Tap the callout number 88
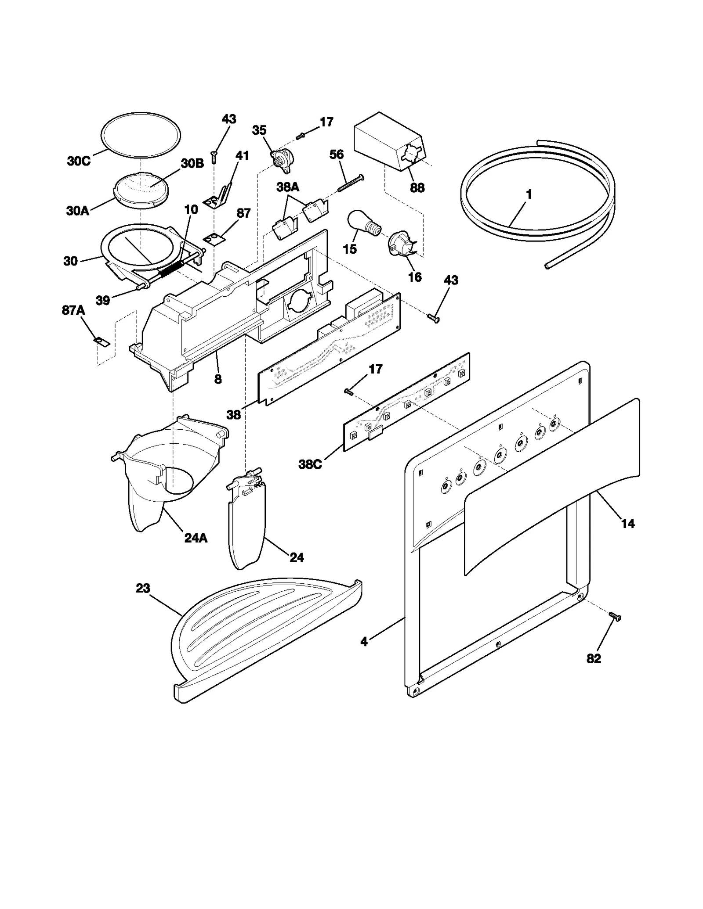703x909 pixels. coord(417,187)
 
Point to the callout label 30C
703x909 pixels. coord(79,161)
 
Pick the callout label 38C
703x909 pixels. coord(310,464)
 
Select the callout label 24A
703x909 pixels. coord(196,538)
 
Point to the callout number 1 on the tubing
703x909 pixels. coord(529,194)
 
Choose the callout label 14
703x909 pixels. coord(627,523)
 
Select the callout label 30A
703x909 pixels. coord(77,211)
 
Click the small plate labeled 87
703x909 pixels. coord(214,239)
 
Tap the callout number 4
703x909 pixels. coord(364,642)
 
